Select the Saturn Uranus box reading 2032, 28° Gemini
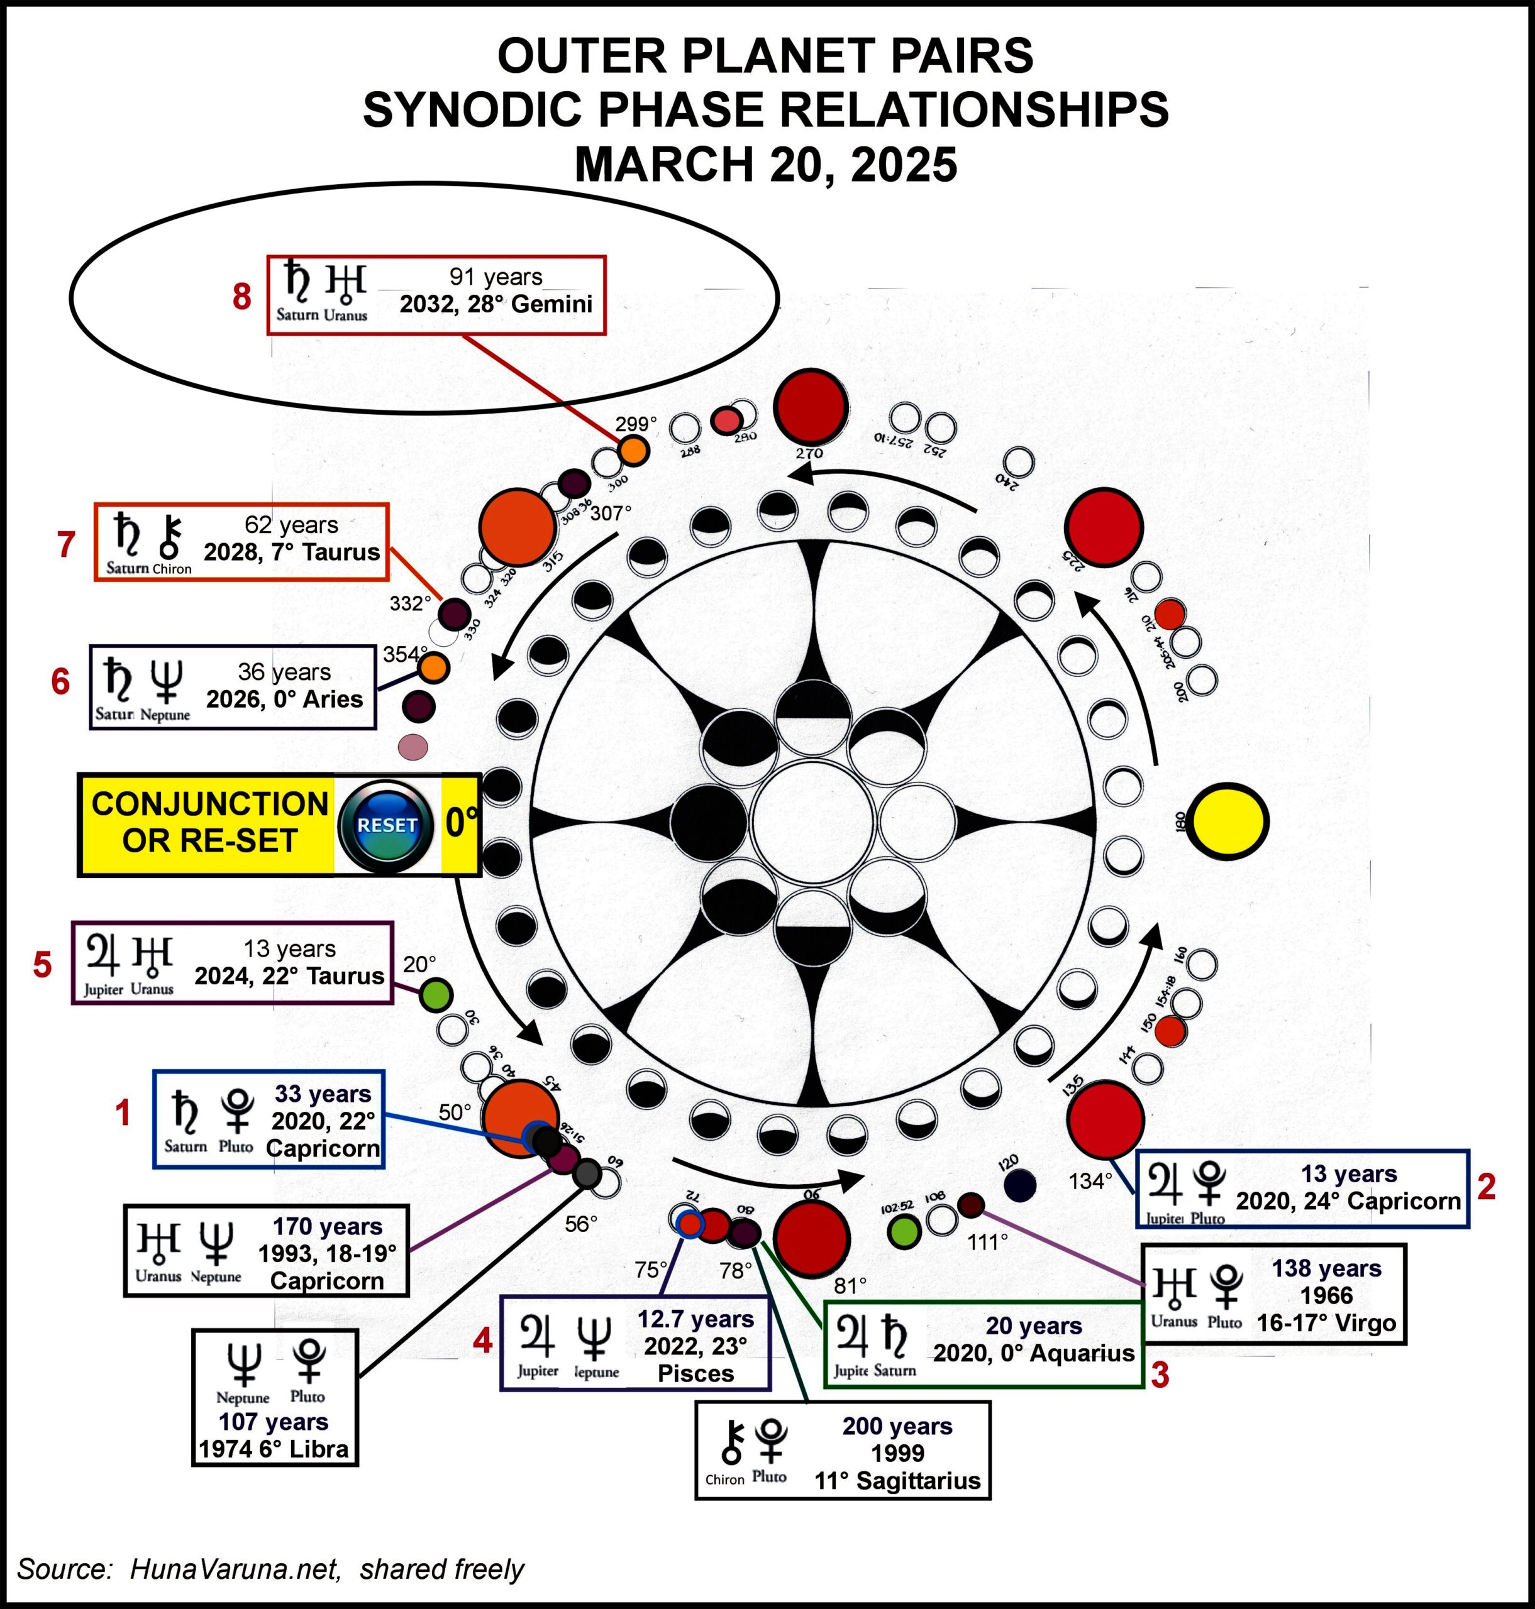point(436,295)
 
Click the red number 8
point(241,297)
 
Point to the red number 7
point(66,545)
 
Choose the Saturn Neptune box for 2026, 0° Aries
point(233,687)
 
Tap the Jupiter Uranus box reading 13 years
point(233,963)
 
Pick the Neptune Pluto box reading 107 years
point(274,1397)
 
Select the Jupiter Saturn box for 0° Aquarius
point(984,1343)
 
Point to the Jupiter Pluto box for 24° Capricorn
point(1302,1189)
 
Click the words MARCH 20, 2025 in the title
point(766,165)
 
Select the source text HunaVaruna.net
point(234,1569)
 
